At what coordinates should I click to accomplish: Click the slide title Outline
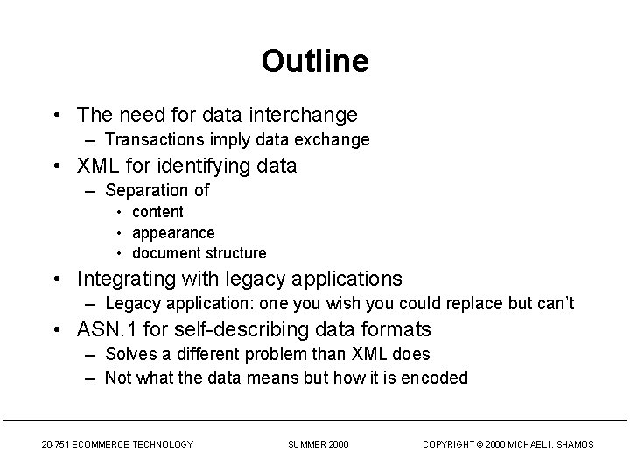click(314, 61)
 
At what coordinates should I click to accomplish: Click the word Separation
click(142, 190)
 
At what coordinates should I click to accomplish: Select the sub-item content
click(157, 212)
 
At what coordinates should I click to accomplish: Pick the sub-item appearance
click(173, 233)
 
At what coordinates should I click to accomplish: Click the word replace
click(495, 304)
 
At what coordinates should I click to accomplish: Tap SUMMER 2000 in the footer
click(318, 445)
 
